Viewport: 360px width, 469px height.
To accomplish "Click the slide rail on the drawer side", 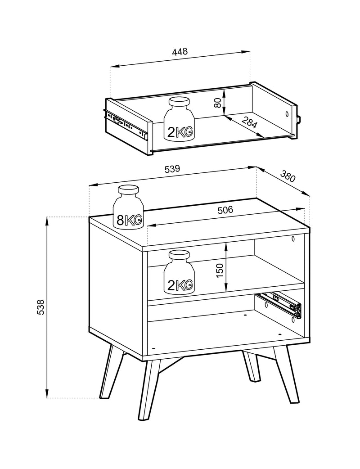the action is tap(126, 124).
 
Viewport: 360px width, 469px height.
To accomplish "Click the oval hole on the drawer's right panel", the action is tap(287, 114).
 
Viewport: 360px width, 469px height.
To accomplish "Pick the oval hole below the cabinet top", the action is tap(293, 239).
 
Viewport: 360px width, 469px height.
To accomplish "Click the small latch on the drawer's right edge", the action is tap(299, 119).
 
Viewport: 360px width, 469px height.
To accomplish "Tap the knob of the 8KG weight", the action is tap(129, 190).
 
